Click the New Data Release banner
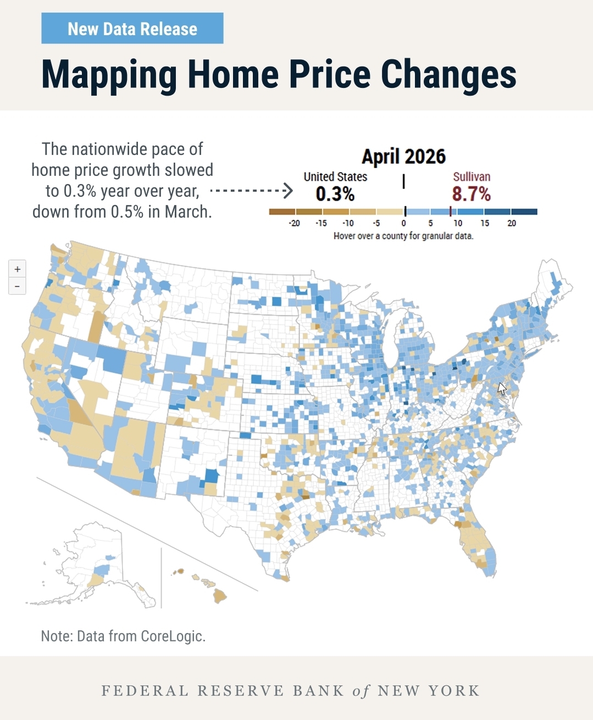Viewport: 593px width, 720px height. [x=132, y=28]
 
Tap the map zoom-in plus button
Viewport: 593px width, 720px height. [x=17, y=269]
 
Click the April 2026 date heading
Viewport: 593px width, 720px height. [x=403, y=157]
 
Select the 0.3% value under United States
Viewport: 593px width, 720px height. [x=335, y=193]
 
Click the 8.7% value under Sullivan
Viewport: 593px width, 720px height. [x=472, y=193]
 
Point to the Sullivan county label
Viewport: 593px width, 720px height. [x=472, y=176]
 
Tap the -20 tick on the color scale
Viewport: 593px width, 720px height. [x=294, y=223]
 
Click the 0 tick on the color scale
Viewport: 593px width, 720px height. [x=403, y=223]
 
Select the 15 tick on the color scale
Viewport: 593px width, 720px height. [x=485, y=223]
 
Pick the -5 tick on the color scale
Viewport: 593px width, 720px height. [x=376, y=223]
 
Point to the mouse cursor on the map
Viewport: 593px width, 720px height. [x=502, y=389]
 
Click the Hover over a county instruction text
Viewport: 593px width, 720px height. [x=403, y=236]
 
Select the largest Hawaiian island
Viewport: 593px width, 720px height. [x=220, y=596]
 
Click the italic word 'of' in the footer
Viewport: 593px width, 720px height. [x=361, y=691]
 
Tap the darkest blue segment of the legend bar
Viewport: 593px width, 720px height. [x=524, y=212]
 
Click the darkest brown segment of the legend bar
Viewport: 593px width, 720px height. [x=282, y=212]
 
